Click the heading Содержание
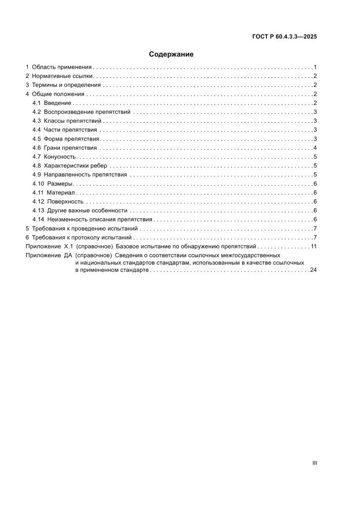point(171,54)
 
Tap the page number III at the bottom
point(315,463)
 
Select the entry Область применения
point(61,67)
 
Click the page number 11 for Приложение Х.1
point(313,246)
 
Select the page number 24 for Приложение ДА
point(313,270)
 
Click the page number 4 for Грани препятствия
point(315,148)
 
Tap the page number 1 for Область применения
point(315,67)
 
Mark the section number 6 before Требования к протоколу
point(27,237)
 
